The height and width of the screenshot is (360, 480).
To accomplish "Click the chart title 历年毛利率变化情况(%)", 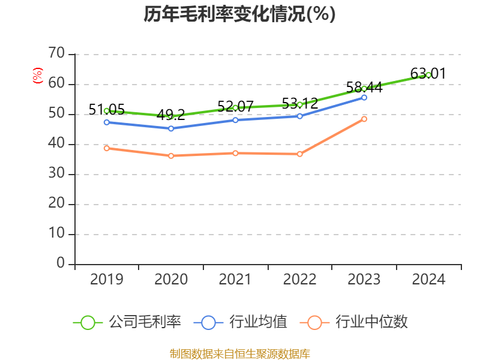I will pos(239,14).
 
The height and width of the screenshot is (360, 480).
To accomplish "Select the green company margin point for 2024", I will pos(428,75).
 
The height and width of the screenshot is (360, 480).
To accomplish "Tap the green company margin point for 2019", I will pos(106,111).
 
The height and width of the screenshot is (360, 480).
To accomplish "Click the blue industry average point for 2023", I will pos(364,97).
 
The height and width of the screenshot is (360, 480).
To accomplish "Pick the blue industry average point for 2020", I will pos(171,128).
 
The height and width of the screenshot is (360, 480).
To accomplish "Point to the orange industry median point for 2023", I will pos(364,119).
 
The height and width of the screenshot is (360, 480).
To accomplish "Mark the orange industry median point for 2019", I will pos(106,148).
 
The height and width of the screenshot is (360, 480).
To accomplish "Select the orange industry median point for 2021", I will pos(235,153).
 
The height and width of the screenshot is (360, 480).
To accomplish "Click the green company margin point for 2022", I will pos(300,105).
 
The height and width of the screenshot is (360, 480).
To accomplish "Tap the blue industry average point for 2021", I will pos(235,120).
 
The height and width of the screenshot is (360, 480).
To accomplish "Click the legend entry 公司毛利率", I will pos(127,322).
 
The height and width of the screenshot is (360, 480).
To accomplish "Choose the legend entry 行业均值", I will pos(241,322).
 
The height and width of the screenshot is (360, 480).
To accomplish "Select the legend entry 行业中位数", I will pos(358,322).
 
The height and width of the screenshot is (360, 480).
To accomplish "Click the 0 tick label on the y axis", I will pos(61,264).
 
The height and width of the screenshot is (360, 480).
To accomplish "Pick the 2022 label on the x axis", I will pos(299,280).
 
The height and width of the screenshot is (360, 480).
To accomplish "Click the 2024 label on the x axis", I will pos(428,280).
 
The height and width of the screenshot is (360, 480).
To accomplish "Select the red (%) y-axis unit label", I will pos(38,76).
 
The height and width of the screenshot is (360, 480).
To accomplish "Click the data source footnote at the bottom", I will pos(239,353).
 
